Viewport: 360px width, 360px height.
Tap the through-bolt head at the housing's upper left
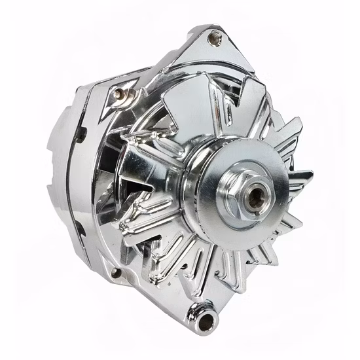pos(118,94)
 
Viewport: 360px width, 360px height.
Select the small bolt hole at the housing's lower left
pos(116,272)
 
